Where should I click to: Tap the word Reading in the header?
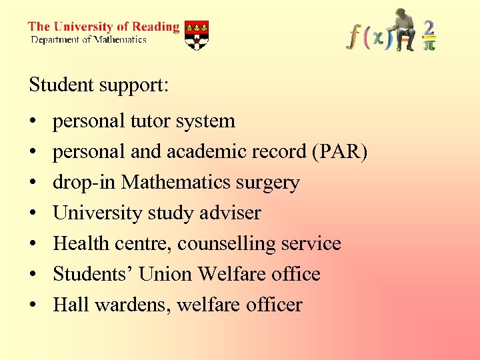[x=155, y=27]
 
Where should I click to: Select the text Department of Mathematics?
[x=89, y=40]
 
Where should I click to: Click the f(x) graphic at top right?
[x=366, y=36]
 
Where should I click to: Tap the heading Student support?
[x=99, y=85]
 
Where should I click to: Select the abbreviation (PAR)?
[x=339, y=152]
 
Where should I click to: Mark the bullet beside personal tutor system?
[x=32, y=122]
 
